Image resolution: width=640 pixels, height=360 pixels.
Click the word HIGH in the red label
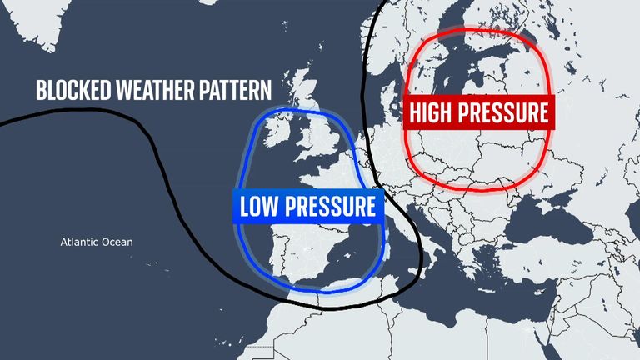click(435, 112)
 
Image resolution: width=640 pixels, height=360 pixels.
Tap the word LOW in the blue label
click(259, 206)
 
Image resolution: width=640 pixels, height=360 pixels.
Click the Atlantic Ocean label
click(97, 242)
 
